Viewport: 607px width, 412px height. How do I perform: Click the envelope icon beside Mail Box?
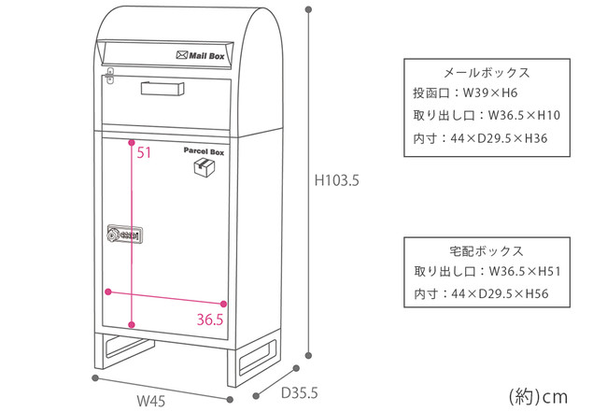[x=180, y=56]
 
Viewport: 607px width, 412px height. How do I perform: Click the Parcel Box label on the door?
[x=204, y=149]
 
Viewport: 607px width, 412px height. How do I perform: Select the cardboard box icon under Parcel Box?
[x=202, y=166]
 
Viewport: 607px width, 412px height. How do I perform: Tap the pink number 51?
[x=145, y=153]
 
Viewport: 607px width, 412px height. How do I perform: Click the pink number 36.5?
[x=210, y=320]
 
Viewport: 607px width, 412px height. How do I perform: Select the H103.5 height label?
[x=337, y=180]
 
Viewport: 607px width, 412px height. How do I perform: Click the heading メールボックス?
[x=486, y=73]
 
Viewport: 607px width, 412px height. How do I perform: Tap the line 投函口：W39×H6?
[x=465, y=94]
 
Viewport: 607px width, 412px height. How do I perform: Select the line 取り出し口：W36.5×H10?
[x=486, y=117]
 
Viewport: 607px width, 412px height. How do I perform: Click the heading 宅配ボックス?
[x=486, y=252]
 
